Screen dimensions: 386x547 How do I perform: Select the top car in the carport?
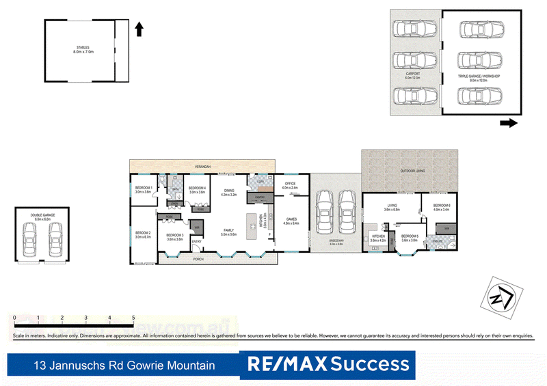coord(414,30)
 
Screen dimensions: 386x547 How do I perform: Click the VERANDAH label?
coord(202,166)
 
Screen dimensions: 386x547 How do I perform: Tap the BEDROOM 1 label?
coord(144,187)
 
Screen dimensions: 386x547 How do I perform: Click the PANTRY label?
coord(259,197)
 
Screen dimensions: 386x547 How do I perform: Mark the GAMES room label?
coord(291,220)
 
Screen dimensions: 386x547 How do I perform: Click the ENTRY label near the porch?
coord(196,241)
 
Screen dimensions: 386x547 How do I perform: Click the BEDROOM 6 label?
coord(442,206)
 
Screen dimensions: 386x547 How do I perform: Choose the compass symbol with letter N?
coord(502,294)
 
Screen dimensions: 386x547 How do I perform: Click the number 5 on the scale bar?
coord(133,318)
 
